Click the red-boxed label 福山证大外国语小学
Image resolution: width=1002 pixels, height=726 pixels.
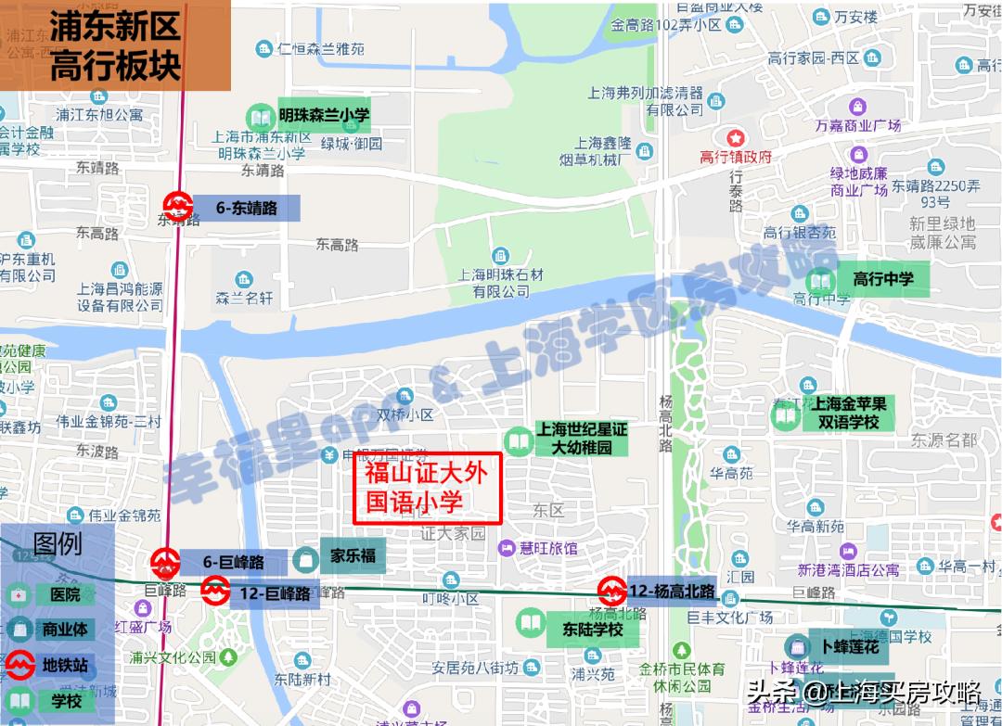point(428,489)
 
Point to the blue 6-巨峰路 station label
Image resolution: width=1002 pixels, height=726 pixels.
point(233,562)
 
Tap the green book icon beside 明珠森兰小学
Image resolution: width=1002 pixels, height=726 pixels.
point(257,118)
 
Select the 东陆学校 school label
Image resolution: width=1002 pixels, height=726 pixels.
point(591,630)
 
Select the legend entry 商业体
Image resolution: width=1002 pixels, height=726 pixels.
point(65,629)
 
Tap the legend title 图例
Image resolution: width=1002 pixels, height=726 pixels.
point(57,543)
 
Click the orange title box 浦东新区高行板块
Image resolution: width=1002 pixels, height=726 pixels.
point(115,45)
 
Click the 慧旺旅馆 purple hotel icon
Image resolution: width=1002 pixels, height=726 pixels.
point(507,548)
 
